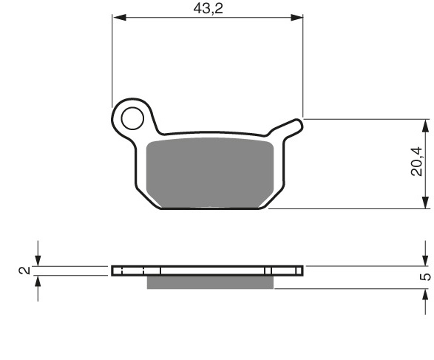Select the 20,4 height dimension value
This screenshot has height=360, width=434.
(x=418, y=163)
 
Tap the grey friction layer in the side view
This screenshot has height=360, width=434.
(x=211, y=282)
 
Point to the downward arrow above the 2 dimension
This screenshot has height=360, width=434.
(x=38, y=258)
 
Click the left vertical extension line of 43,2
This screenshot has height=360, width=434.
(x=112, y=59)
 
